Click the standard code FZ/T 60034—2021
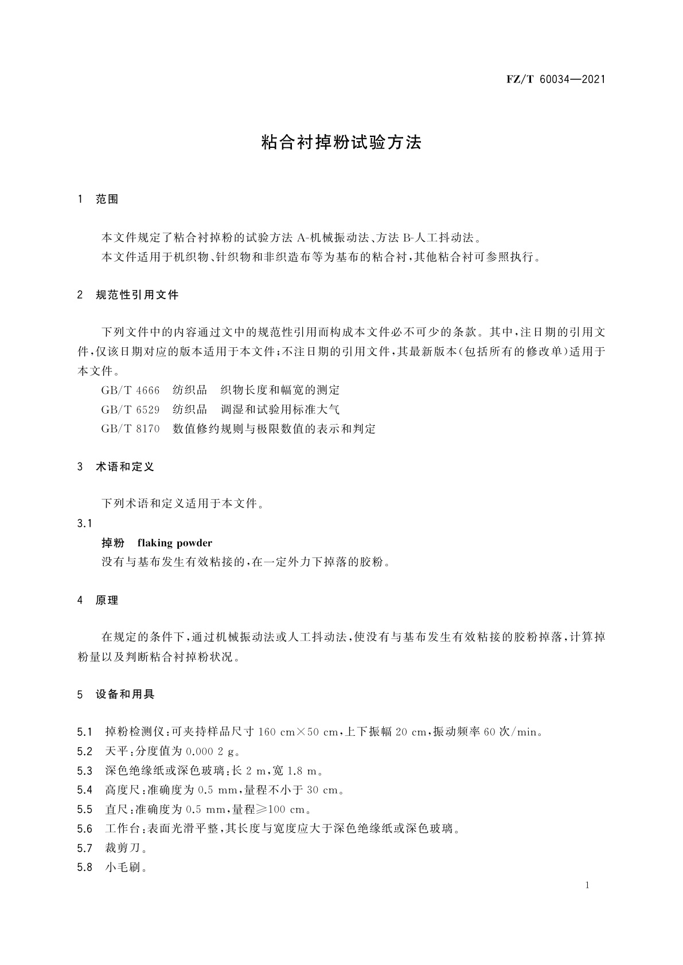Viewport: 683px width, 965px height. pos(556,80)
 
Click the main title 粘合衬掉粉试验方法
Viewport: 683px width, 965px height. pos(341,143)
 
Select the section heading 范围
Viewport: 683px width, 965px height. pos(107,200)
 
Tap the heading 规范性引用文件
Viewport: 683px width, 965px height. pos(137,295)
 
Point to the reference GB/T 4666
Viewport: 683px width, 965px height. pos(130,390)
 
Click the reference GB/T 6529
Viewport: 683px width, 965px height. pos(130,410)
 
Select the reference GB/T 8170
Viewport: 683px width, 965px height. pos(130,429)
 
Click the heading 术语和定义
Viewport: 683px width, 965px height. pos(125,467)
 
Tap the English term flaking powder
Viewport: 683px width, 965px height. pos(175,543)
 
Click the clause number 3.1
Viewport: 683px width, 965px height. pos(84,524)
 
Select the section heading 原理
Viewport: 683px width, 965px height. pos(107,601)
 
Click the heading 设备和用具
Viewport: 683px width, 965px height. pos(125,695)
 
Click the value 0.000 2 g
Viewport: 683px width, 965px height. pos(210,751)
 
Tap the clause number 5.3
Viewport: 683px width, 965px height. pos(84,771)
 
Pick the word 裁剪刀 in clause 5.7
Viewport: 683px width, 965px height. pos(119,848)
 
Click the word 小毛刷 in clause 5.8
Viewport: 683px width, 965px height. pos(119,868)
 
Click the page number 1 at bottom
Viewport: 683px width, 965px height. pos(587,885)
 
